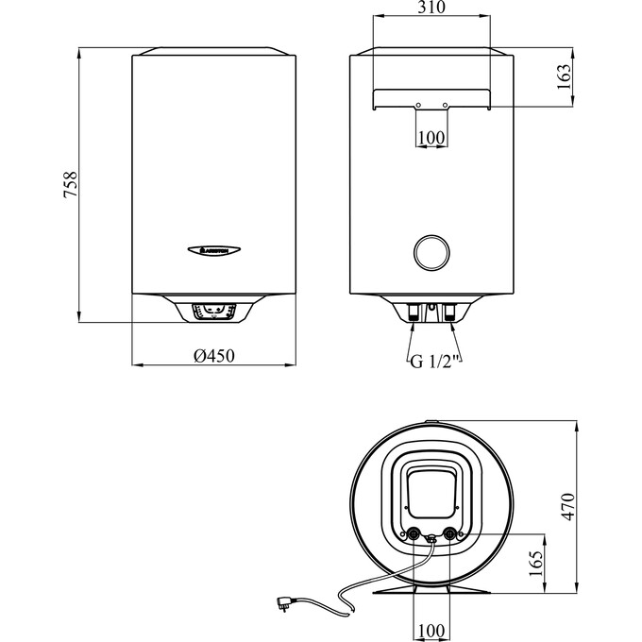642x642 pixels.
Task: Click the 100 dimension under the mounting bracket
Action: point(431,138)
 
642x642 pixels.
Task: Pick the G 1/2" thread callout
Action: point(432,360)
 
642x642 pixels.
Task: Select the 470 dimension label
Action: point(566,506)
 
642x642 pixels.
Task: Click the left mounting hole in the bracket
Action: point(416,105)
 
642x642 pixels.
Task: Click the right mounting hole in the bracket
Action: point(446,105)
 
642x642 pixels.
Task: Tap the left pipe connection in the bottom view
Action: point(414,533)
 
